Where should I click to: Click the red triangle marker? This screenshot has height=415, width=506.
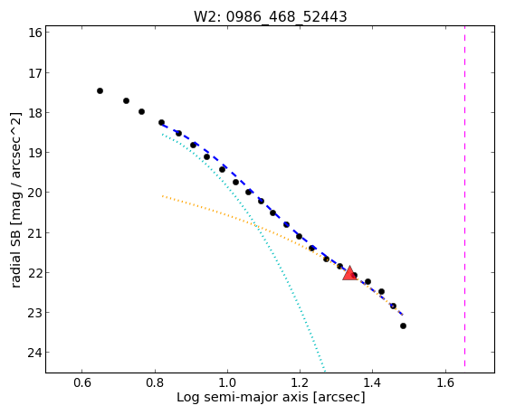[349, 273]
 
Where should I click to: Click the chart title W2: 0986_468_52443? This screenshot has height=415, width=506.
[270, 16]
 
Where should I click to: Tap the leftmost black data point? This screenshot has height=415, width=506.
[100, 91]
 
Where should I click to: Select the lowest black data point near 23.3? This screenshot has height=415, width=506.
[403, 326]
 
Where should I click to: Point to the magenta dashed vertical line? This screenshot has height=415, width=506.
[464, 196]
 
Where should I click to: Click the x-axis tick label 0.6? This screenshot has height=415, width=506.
[82, 382]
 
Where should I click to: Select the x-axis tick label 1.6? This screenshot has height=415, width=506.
[445, 382]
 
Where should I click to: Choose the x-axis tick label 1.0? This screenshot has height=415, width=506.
[227, 382]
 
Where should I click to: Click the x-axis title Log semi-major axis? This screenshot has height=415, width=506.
[243, 398]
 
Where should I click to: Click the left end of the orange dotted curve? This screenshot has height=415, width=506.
[163, 195]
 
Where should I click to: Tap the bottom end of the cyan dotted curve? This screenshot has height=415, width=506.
[325, 371]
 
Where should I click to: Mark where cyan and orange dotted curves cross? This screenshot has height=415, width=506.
[255, 225]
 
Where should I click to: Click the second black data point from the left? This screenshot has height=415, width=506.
[126, 101]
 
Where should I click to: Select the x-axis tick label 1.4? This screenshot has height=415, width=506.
[372, 382]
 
